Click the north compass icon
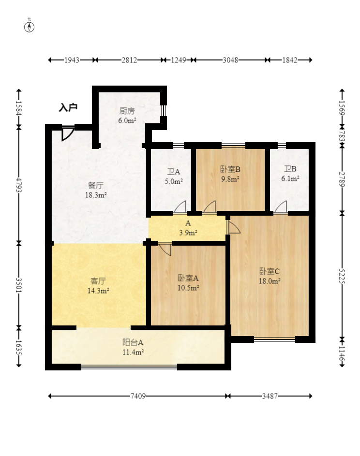click(29, 27)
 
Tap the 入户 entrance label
click(68, 107)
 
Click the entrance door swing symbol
click(67, 133)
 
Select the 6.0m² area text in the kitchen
click(127, 120)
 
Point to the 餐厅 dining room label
click(96, 185)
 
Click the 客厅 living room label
click(98, 281)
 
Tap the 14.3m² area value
click(98, 291)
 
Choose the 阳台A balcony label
click(133, 342)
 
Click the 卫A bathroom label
click(173, 172)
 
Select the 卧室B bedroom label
click(230, 169)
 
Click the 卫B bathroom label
click(290, 169)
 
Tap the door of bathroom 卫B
click(281, 207)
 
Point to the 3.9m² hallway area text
click(188, 233)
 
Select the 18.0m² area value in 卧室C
click(270, 281)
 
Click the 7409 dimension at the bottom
click(138, 396)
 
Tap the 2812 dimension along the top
click(129, 60)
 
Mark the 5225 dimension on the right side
click(342, 276)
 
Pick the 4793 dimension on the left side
click(19, 185)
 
